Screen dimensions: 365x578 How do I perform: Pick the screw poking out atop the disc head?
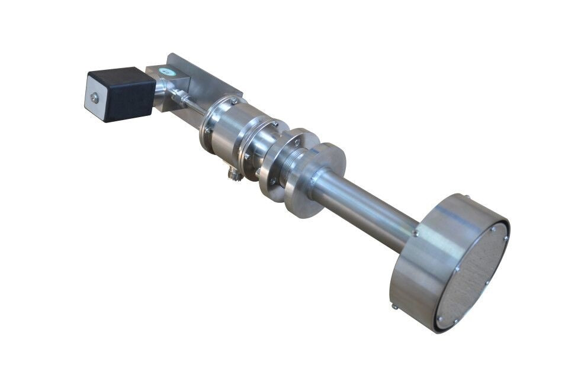[466, 198]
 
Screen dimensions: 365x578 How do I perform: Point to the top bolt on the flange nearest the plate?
[234, 101]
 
